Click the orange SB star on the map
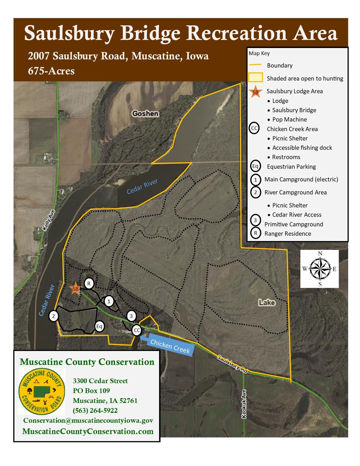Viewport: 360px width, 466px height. (75, 289)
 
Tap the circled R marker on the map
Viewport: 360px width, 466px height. (89, 283)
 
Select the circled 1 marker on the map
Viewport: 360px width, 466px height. (109, 301)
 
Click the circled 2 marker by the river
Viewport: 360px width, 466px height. (53, 316)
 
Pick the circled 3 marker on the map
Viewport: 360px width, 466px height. (131, 316)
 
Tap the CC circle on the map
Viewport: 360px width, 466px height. (137, 330)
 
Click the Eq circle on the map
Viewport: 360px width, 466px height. (99, 326)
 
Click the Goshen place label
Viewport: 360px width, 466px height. (145, 113)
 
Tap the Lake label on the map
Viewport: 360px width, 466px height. (267, 302)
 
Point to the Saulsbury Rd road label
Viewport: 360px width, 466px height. (232, 364)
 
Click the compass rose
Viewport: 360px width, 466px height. (319, 269)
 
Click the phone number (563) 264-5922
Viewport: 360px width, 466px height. (95, 410)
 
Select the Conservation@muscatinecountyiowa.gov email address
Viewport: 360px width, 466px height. (88, 420)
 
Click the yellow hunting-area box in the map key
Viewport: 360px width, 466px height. (255, 78)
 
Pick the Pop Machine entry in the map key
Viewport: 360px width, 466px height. (289, 119)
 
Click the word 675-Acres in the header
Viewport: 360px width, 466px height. (51, 71)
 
